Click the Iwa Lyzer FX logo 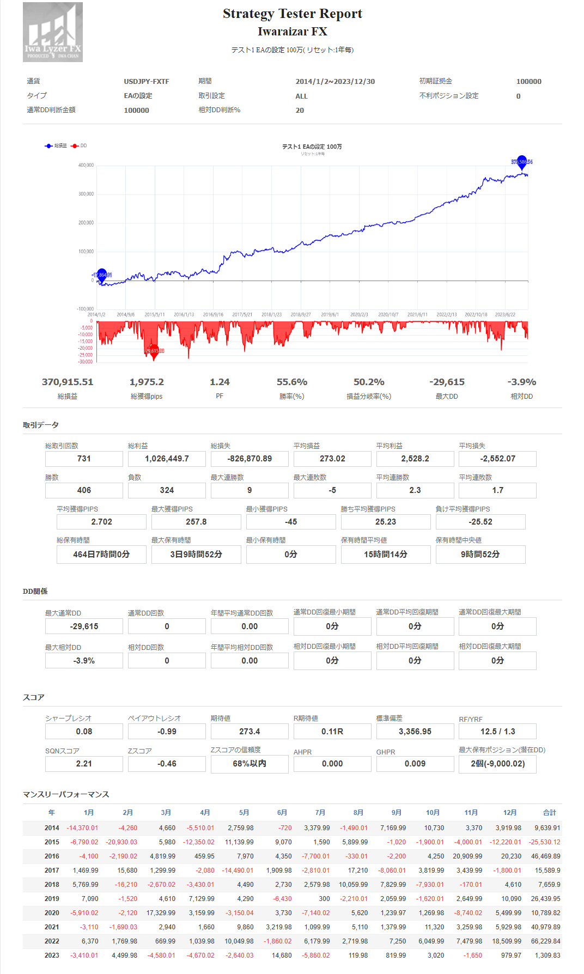pos(53,32)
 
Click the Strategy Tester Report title pos(292,14)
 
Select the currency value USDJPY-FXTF pos(146,82)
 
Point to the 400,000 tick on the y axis pos(86,165)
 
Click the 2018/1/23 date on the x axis pos(271,314)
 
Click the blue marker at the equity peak pos(522,161)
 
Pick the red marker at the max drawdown pos(154,350)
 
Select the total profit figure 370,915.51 pos(68,382)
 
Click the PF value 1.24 pos(220,382)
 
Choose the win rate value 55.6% pos(292,382)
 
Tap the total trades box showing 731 pos(84,459)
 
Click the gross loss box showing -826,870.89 pos(250,459)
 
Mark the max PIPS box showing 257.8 pos(196,522)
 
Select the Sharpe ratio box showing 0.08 pos(84,732)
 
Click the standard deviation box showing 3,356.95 pos(415,732)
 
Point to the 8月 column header pos(358,812)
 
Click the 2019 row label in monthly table pos(52,899)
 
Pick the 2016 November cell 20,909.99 pos(467,856)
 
